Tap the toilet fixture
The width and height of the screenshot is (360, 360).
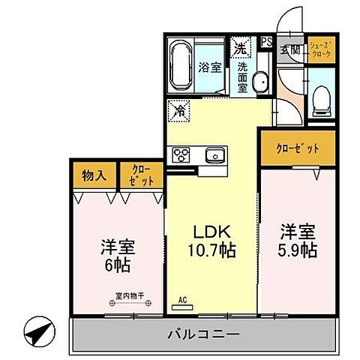[320, 96]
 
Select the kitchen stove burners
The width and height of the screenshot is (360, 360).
[183, 155]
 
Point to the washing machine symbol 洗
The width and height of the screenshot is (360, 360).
[241, 46]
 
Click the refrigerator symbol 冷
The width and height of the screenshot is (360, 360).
[180, 111]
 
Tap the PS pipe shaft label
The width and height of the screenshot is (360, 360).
[265, 43]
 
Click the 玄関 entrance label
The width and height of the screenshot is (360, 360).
[289, 51]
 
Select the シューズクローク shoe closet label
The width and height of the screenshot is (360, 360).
[320, 51]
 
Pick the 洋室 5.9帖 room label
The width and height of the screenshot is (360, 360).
[298, 240]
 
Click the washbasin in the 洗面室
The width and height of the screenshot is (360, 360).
[259, 82]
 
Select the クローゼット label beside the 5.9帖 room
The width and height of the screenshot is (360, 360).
[298, 148]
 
